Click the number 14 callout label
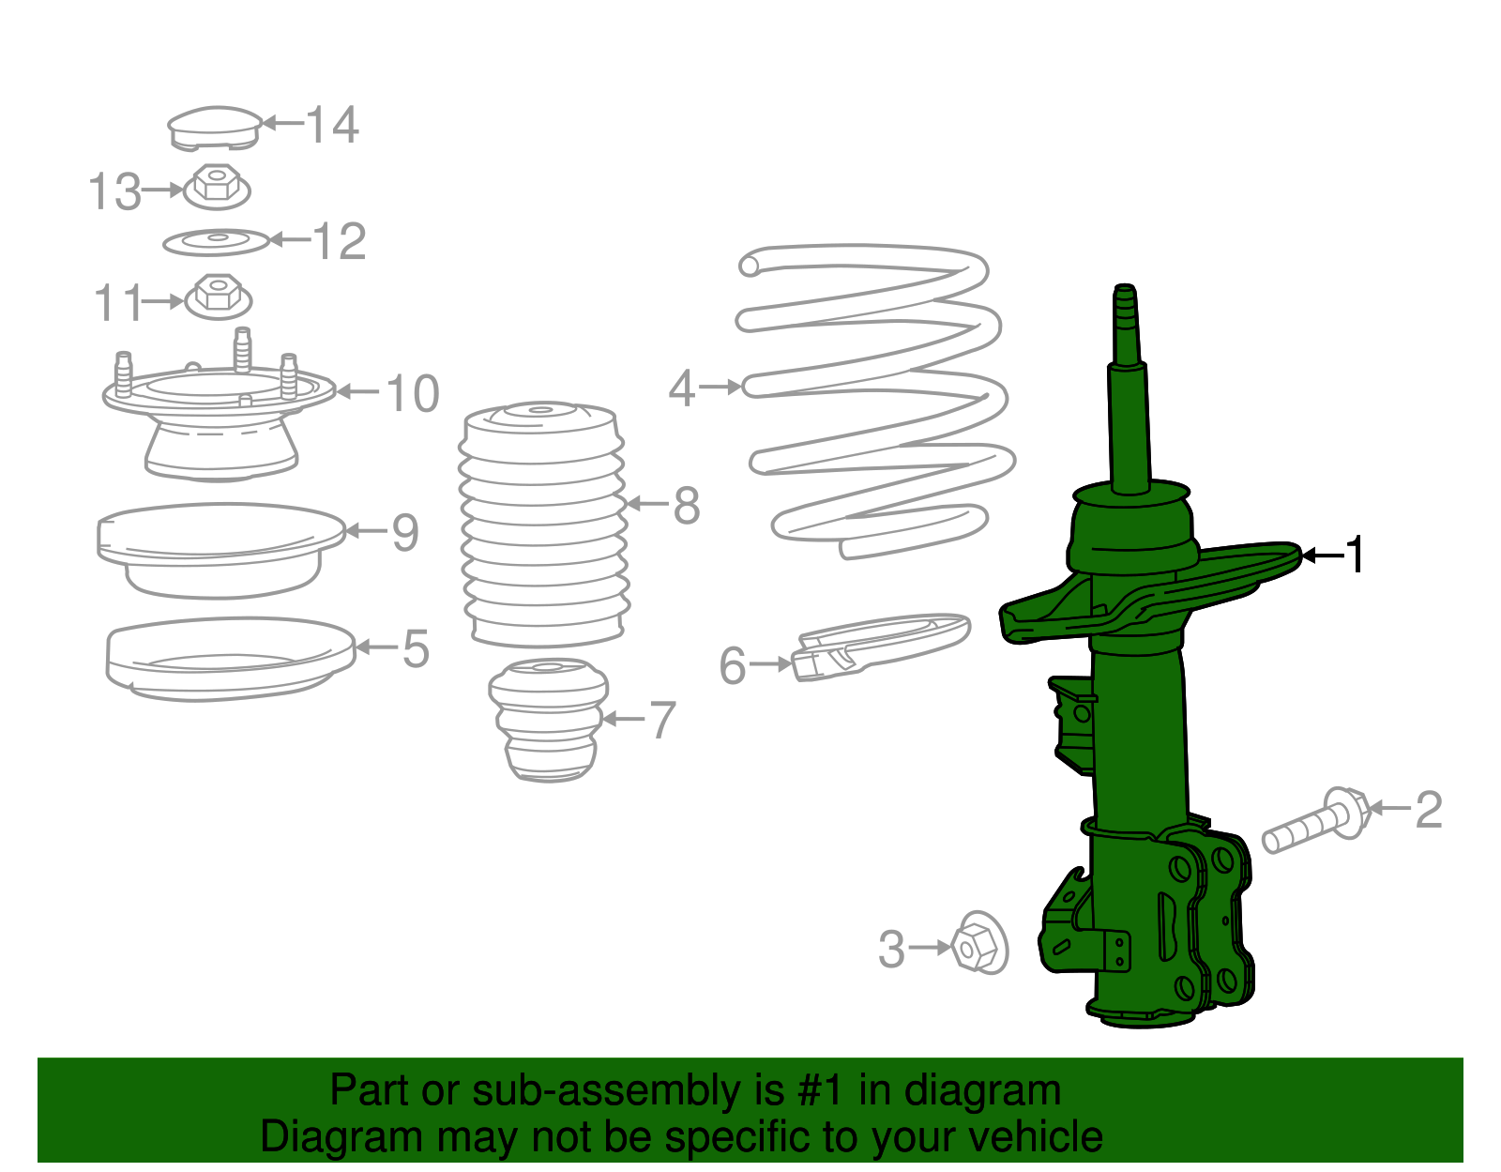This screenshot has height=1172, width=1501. pyautogui.click(x=332, y=125)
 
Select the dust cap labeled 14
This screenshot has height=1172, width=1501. pyautogui.click(x=215, y=128)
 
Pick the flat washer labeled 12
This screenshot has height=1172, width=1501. pyautogui.click(x=217, y=242)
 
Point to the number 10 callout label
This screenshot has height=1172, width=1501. pyautogui.click(x=412, y=393)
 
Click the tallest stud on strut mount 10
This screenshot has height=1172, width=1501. pyautogui.click(x=242, y=349)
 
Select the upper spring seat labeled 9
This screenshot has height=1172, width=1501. pyautogui.click(x=220, y=549)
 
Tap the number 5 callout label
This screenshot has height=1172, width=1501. pyautogui.click(x=416, y=648)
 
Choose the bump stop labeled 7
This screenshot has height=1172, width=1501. pyautogui.click(x=548, y=720)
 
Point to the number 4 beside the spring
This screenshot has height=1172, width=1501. pyautogui.click(x=681, y=388)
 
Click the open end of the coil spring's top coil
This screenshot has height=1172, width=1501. pyautogui.click(x=750, y=266)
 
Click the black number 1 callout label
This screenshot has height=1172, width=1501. pyautogui.click(x=1355, y=556)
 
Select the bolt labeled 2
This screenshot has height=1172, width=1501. pyautogui.click(x=1313, y=822)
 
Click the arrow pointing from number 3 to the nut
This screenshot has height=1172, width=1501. pyautogui.click(x=931, y=948)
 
